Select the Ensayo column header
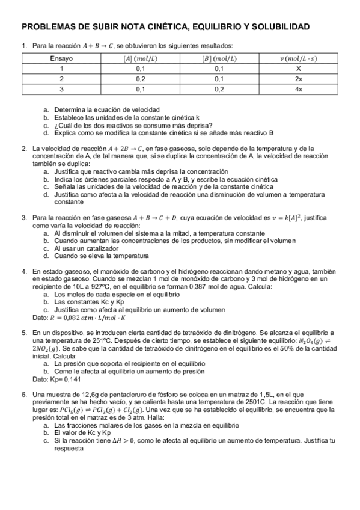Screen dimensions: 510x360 click(61, 58)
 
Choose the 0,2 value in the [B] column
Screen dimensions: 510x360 click(219, 89)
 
